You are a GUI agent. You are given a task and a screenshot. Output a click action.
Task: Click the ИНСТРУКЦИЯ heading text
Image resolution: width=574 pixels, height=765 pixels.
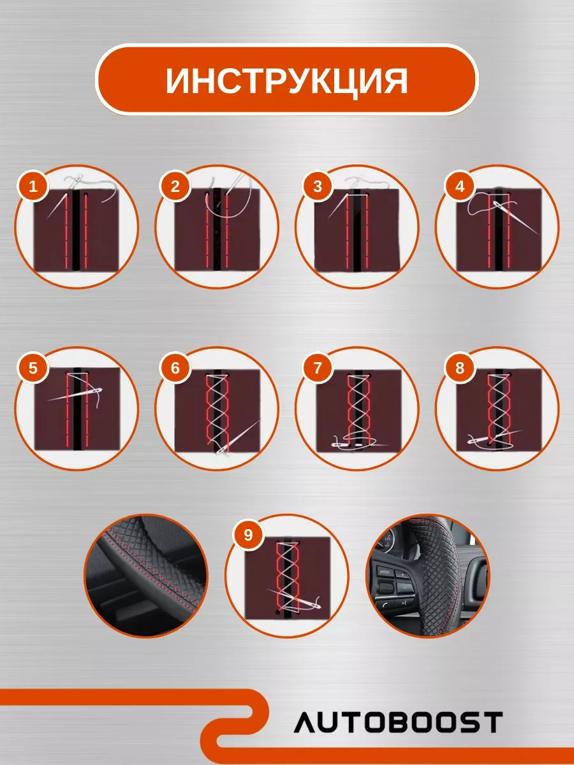pos(287,80)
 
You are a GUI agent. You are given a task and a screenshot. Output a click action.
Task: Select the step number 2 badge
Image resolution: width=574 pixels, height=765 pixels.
pos(175,187)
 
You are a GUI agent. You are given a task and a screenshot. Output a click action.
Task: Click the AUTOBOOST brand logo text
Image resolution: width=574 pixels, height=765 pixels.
pos(398,722)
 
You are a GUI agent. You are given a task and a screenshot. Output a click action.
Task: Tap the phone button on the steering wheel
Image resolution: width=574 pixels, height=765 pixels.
pos(386,603)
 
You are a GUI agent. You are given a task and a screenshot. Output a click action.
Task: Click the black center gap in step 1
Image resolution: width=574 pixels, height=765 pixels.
pos(76,229)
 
